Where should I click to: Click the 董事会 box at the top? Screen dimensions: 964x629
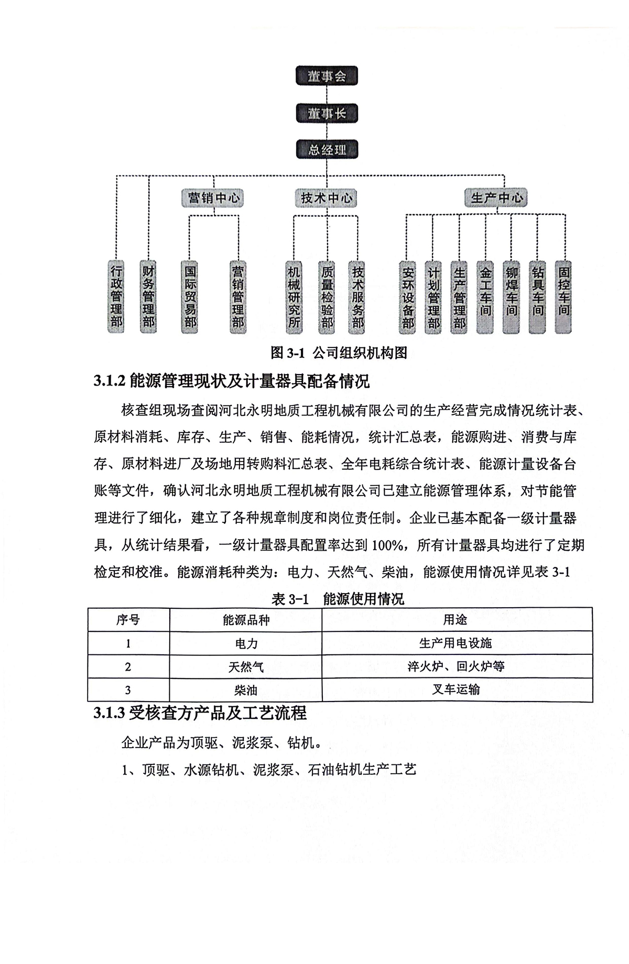tap(327, 76)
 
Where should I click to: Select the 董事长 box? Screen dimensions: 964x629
tap(327, 113)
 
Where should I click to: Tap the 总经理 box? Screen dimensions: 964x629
tap(327, 150)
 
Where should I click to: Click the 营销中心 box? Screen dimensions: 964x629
tap(214, 198)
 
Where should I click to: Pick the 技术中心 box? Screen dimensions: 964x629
tap(326, 198)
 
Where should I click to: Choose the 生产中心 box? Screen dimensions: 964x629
tap(496, 198)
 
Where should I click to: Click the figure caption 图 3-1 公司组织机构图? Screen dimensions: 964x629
tap(339, 353)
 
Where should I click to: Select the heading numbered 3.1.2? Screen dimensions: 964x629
tap(232, 381)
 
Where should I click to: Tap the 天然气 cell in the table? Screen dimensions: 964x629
tap(246, 667)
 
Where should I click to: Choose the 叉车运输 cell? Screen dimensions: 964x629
tap(456, 689)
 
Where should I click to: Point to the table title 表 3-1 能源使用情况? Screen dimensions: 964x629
tap(338, 598)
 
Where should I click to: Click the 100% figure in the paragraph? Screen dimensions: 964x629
tap(387, 545)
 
